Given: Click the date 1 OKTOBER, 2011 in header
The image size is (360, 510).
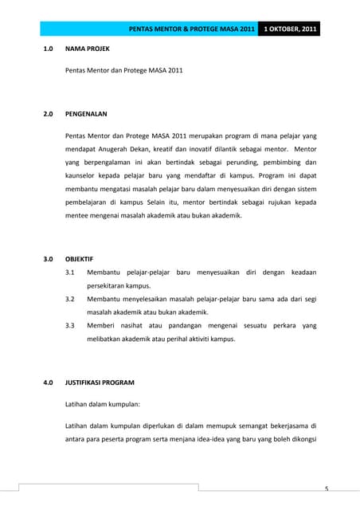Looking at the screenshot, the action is point(291,29).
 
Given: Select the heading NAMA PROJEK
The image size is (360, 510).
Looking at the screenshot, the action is point(88,49).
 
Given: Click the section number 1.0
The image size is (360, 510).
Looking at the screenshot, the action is point(48,49).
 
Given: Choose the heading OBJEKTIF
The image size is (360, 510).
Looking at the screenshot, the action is point(80,259).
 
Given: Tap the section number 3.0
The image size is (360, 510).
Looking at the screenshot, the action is point(48,259).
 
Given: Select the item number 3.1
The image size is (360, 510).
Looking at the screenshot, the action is point(70,273).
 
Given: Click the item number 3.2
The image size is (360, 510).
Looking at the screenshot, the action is point(70,299).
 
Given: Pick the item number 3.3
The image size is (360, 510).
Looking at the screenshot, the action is point(70,326).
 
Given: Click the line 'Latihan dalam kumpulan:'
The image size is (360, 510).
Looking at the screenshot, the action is point(102,404).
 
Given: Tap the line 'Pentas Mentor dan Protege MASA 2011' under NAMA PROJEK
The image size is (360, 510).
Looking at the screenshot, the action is point(123,71).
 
